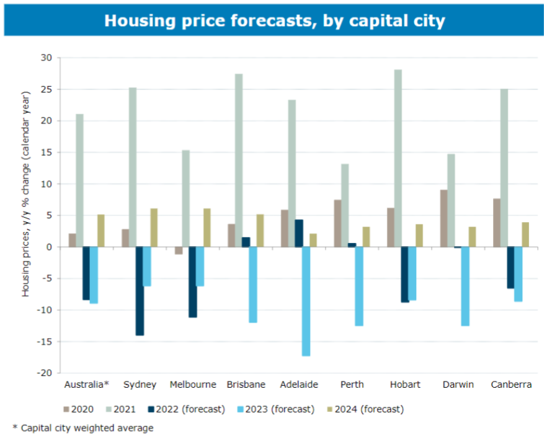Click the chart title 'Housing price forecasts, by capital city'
[274, 20]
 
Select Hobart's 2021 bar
[398, 158]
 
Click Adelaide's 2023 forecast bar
[306, 301]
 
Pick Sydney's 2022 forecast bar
[140, 291]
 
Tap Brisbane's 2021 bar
[238, 160]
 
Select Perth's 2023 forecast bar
[359, 286]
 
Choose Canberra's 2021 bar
[504, 167]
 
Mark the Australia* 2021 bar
[79, 180]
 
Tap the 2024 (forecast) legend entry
[366, 409]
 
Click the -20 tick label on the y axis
[45, 373]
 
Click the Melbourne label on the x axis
[192, 385]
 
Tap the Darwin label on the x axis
[458, 385]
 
